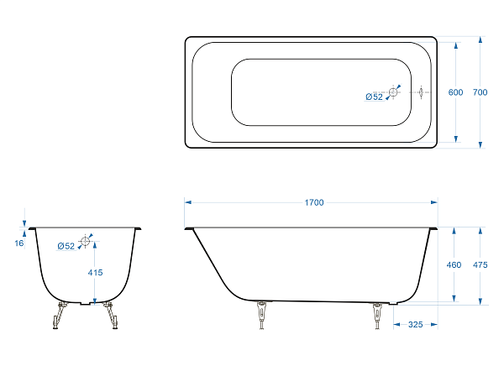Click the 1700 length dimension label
314,202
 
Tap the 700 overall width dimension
480,92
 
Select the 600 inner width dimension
455,92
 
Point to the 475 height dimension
480,264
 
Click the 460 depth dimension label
454,264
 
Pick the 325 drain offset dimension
415,325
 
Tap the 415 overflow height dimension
95,273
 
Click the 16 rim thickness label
19,243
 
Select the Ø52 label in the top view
374,97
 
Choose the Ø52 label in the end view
66,246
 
